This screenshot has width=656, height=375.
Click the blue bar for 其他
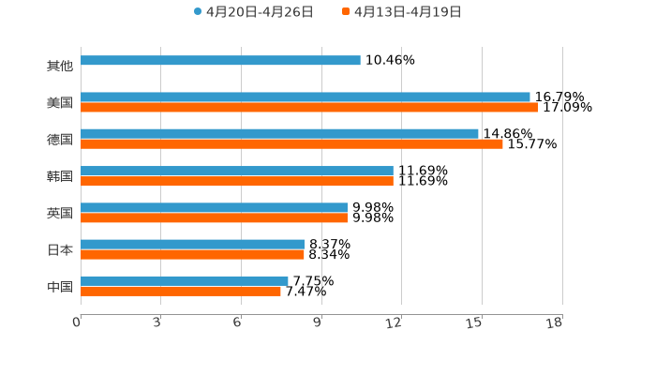pos(220,61)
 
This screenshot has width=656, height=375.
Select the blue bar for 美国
pos(306,97)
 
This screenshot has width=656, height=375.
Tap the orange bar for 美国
pos(309,108)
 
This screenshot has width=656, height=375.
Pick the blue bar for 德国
pos(279,134)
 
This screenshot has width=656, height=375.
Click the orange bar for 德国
pos(291,144)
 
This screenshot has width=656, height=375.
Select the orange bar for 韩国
pos(237,181)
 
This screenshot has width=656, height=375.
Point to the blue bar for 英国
pos(214,207)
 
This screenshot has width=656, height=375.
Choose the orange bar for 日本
pos(192,254)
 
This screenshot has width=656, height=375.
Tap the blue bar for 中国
pos(185,280)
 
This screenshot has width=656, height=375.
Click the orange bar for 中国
pos(181,291)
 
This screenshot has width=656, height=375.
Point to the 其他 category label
pos(60,67)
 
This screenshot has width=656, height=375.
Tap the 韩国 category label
pos(60,176)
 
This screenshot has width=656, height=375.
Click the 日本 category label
pos(60,249)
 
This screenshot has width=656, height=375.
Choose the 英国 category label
pos(60,213)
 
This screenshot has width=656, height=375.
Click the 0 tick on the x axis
pos(77,323)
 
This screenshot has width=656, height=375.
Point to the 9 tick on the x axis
pos(318,323)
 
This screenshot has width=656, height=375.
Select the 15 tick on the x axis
pos(475,323)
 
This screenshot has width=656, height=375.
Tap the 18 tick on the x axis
pos(555,323)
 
